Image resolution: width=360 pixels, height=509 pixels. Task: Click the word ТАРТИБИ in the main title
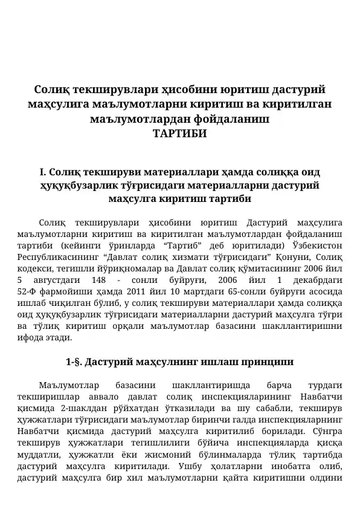point(180,134)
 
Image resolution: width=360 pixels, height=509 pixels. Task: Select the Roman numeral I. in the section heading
point(42,172)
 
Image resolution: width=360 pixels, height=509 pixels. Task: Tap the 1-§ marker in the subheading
point(74,363)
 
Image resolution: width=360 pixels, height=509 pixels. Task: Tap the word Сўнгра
point(327,431)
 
